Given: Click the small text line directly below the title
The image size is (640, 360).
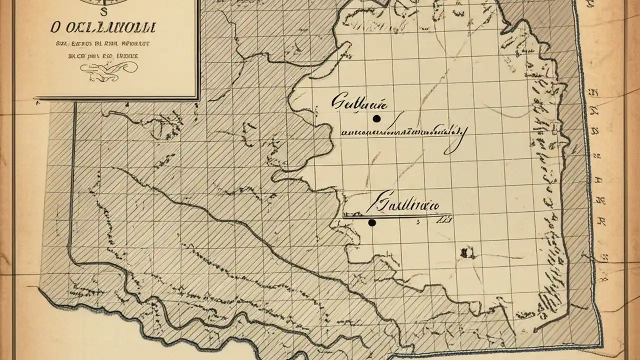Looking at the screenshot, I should pyautogui.click(x=103, y=44).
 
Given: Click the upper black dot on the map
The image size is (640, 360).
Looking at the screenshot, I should pyautogui.click(x=376, y=118).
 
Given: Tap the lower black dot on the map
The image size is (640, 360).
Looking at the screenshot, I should pyautogui.click(x=371, y=223).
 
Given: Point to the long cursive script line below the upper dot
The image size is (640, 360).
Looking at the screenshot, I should pyautogui.click(x=400, y=132).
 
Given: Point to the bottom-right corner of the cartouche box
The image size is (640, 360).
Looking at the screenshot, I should pyautogui.click(x=199, y=97).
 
